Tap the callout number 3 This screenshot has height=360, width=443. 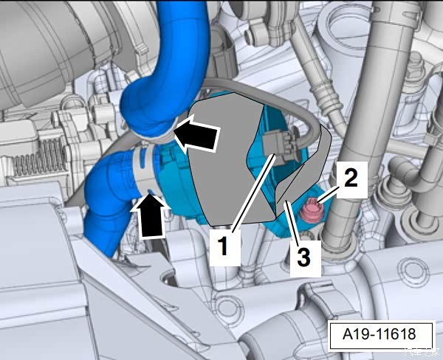click(303, 257)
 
